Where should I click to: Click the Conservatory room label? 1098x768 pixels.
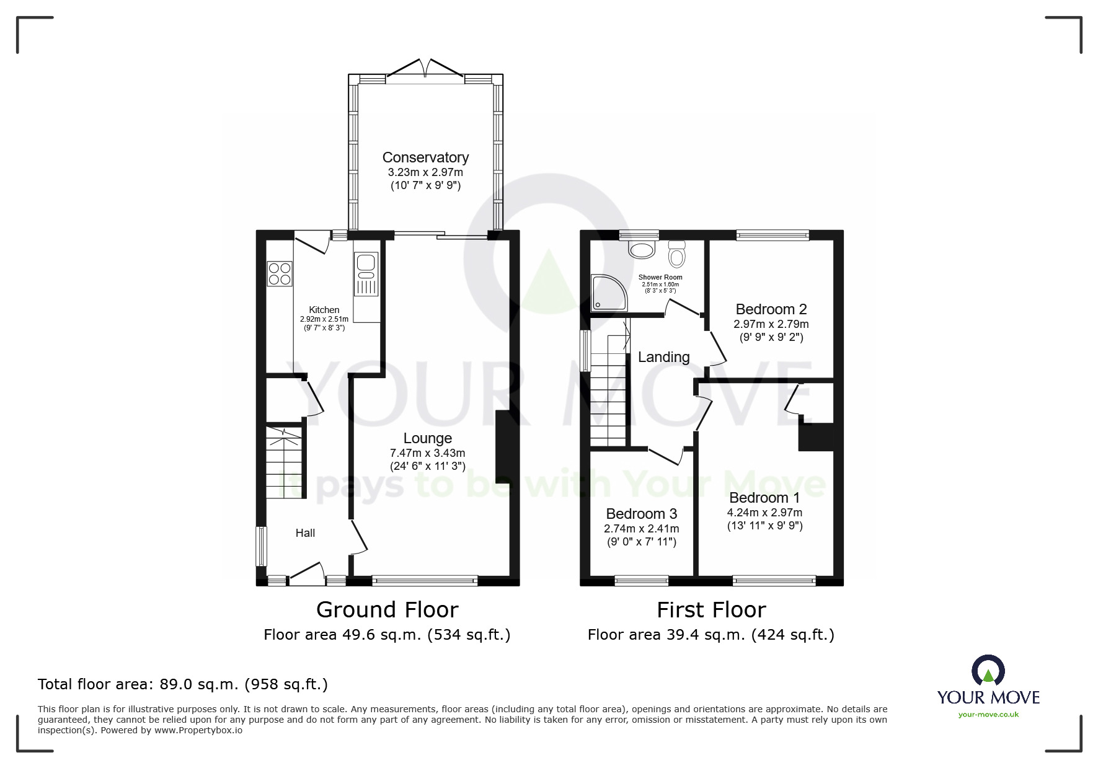(x=425, y=157)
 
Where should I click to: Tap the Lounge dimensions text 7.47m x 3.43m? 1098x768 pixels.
(x=427, y=453)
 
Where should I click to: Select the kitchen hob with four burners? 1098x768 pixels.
(x=279, y=274)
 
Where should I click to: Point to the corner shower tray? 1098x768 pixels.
(x=608, y=293)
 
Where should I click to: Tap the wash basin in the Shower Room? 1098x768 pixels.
(x=642, y=249)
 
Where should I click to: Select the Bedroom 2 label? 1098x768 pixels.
(x=771, y=309)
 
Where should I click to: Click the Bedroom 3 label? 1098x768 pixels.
(x=641, y=514)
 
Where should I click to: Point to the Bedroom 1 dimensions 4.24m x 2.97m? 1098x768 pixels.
(x=764, y=513)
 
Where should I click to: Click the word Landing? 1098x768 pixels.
(x=663, y=357)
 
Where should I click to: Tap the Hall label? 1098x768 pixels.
(x=305, y=533)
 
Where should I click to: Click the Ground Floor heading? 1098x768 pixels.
(x=387, y=610)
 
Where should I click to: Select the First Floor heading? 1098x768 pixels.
(x=711, y=610)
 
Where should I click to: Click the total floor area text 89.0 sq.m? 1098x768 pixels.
(x=182, y=684)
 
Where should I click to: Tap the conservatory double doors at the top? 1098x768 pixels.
(x=425, y=69)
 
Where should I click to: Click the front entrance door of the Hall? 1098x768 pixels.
(x=308, y=573)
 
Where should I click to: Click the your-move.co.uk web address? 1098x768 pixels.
(x=988, y=715)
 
